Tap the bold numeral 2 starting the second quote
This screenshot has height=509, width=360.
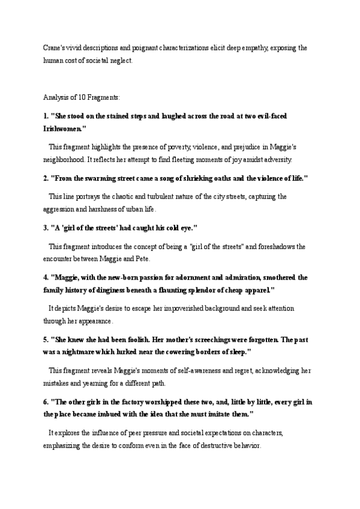click(x=46, y=178)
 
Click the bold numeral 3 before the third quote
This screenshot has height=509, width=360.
click(x=46, y=229)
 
